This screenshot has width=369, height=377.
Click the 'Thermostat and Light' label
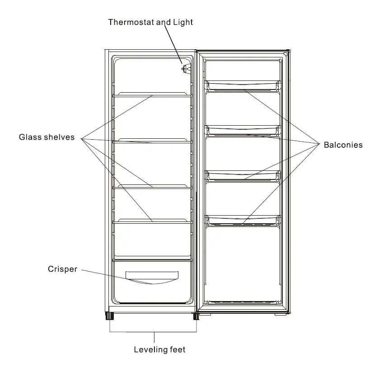150,22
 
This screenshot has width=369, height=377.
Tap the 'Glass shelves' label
47,137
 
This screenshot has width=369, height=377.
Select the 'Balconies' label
343,145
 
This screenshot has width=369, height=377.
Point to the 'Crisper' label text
62,269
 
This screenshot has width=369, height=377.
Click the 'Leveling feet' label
159,349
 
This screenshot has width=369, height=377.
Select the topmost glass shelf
152,95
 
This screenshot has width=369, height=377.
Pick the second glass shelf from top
152,141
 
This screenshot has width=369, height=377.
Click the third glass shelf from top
152,187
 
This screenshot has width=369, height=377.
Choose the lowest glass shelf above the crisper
152,221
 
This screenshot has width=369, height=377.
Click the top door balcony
243,85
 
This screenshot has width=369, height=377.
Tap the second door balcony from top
243,130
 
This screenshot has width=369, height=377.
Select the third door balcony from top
243,175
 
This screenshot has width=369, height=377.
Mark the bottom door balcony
243,220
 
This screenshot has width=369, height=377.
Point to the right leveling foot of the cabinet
196,316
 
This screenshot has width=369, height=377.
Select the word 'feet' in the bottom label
177,349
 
